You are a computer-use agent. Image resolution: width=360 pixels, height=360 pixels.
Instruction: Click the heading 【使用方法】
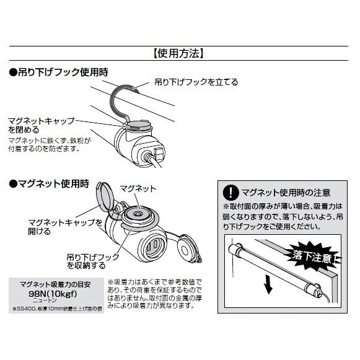click(179, 53)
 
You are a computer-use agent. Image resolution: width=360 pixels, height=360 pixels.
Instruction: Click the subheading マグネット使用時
click(50, 183)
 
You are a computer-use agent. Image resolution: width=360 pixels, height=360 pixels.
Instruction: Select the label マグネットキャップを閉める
click(41, 125)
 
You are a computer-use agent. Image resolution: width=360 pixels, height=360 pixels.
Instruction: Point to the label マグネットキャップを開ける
click(64, 226)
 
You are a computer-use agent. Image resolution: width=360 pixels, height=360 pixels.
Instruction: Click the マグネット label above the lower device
click(138, 188)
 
